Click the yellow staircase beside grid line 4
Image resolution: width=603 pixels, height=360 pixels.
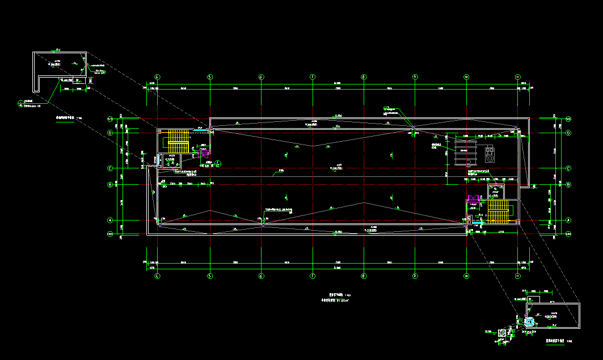tap(178, 141)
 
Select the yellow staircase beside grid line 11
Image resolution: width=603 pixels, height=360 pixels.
tap(497, 212)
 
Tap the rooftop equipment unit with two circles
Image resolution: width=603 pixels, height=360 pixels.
tap(489, 153)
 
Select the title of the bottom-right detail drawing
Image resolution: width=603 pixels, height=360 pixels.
tap(555, 341)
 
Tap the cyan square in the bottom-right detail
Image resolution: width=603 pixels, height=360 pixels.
tap(530, 322)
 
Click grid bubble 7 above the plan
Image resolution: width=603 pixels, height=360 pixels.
tap(313, 77)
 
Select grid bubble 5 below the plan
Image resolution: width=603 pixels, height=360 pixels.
tap(209, 277)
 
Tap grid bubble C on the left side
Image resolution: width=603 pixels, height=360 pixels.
tap(111, 168)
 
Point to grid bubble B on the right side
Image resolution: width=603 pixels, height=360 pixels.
tap(568, 185)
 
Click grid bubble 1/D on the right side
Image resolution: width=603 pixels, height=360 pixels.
tap(568, 118)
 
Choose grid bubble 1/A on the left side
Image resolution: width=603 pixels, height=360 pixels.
tap(111, 234)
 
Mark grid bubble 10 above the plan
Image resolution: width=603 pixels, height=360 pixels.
tap(466, 77)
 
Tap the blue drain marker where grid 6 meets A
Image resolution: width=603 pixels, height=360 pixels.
tap(262, 224)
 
